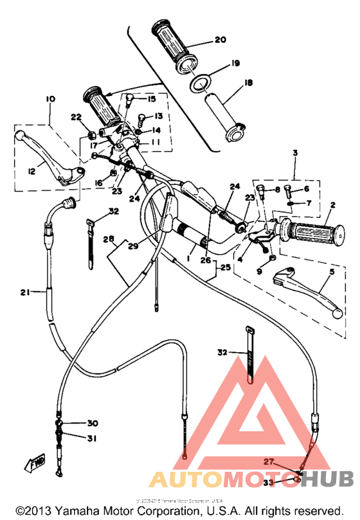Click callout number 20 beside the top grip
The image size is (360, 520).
(x=220, y=40)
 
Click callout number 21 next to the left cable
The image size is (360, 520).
(x=25, y=292)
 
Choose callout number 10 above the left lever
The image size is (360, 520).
(x=51, y=99)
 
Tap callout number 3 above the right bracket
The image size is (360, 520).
(x=295, y=153)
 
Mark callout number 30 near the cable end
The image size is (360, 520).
(x=93, y=423)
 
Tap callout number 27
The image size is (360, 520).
(x=269, y=462)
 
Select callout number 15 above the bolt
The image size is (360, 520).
(x=152, y=99)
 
